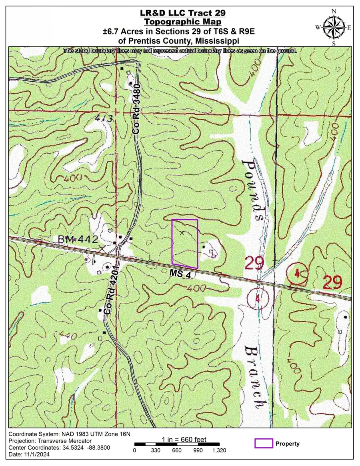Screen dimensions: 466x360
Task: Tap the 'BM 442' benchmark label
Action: point(78,239)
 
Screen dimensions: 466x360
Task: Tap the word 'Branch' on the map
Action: point(254,376)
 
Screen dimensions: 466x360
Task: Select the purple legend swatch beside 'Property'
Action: point(264,443)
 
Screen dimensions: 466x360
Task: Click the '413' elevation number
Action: point(104,118)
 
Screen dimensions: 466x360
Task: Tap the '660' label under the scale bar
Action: point(176,450)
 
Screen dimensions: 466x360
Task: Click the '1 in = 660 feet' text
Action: point(184,440)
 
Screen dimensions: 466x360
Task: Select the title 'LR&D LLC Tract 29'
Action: point(180,13)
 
